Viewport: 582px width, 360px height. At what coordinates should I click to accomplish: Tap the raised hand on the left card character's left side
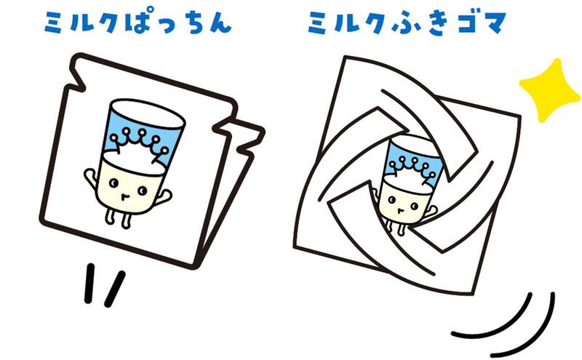point(89,176)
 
